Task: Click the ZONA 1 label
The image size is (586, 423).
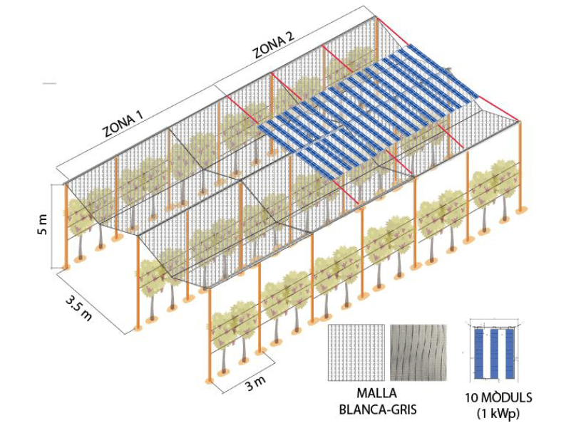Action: tap(123, 125)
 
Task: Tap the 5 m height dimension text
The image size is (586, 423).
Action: tap(43, 224)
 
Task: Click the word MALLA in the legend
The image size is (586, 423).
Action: tap(376, 393)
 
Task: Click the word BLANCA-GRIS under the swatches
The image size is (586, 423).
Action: tap(377, 409)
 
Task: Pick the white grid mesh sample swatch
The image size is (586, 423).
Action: tap(356, 352)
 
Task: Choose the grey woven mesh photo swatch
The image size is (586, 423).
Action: tap(418, 352)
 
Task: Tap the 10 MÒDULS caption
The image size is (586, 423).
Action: tap(498, 397)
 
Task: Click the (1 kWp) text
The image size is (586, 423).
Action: tap(498, 413)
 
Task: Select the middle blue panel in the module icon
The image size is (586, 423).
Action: tap(494, 353)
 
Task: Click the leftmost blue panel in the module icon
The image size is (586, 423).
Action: tap(479, 353)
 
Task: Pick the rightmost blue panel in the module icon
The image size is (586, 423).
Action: tap(510, 353)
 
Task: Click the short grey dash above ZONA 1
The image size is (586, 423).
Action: tap(49, 83)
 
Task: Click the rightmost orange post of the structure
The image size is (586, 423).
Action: tap(520, 167)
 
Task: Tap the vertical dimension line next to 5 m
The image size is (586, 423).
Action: tap(51, 226)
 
